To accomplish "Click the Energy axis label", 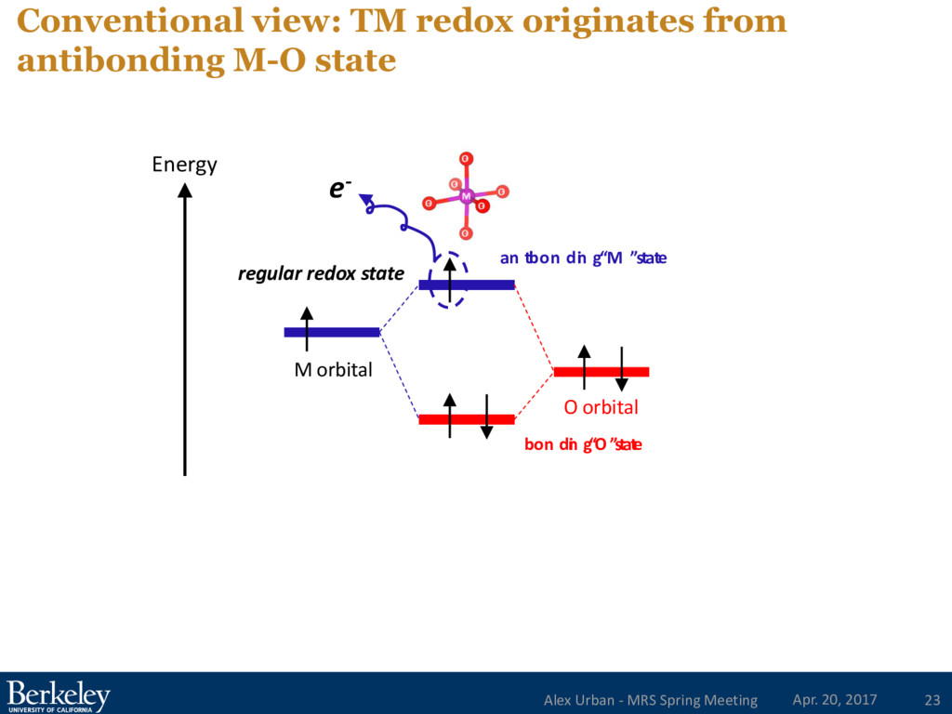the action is pyautogui.click(x=184, y=165).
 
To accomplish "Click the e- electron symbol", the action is pyautogui.click(x=339, y=190).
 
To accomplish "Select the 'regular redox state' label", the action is pyautogui.click(x=321, y=273).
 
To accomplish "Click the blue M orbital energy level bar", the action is pyautogui.click(x=332, y=332).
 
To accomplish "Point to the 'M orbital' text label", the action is pyautogui.click(x=333, y=370).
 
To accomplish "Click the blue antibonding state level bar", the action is pyautogui.click(x=483, y=284).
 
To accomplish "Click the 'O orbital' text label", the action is pyautogui.click(x=601, y=407).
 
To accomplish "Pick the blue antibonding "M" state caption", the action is pyautogui.click(x=583, y=258).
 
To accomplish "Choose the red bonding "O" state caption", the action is pyautogui.click(x=583, y=444).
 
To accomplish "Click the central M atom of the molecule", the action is pyautogui.click(x=466, y=195).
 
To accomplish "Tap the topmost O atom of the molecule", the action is pyautogui.click(x=465, y=158).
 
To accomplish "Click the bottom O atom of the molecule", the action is pyautogui.click(x=465, y=232).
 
